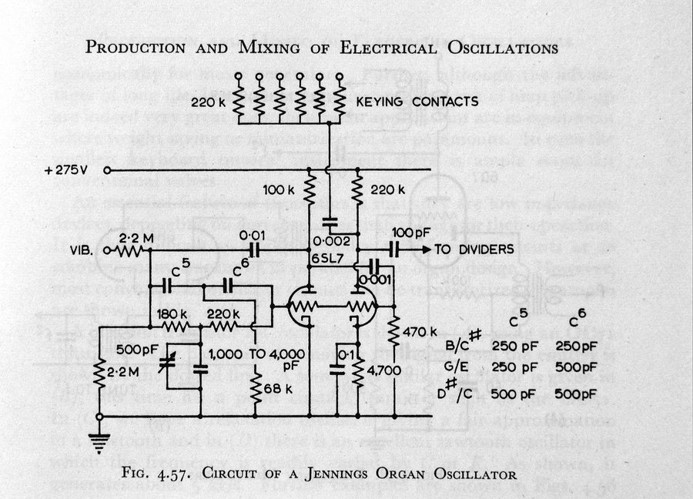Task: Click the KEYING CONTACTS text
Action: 417,101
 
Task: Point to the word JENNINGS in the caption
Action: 333,474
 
